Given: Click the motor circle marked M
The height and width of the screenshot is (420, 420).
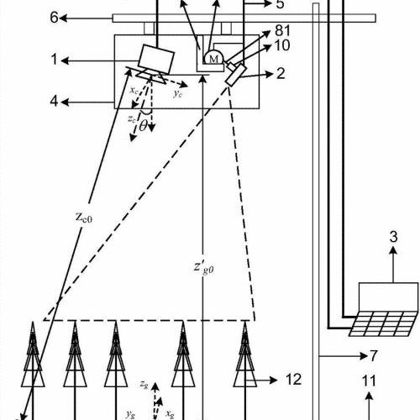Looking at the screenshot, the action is coord(213,58).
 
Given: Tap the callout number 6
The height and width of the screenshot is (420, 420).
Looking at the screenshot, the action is coord(54,18).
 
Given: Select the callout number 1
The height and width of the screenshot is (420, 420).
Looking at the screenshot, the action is coord(55,60).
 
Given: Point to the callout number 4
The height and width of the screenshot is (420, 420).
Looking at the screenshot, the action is coord(54,101).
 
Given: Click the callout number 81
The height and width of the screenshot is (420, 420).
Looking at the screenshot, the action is coord(283,30).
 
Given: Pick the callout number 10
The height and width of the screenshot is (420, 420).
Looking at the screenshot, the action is coord(282,45).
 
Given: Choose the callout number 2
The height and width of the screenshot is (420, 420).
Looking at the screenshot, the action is coord(281,74).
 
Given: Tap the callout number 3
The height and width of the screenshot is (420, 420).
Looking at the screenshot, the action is coord(393,237).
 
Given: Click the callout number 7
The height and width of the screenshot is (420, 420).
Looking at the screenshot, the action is coord(375,356).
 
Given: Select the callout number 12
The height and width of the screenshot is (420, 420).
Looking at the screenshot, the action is coord(293,380).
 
